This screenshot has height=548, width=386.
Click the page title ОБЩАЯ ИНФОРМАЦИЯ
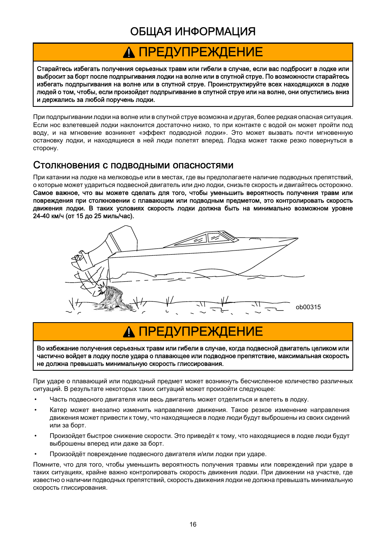[x=193, y=32]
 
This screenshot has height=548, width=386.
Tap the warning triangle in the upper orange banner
[x=129, y=52]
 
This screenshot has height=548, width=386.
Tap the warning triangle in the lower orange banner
[x=129, y=332]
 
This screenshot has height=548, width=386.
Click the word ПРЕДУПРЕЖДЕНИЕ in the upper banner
[x=201, y=52]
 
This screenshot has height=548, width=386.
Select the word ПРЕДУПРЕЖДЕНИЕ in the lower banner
[x=201, y=332]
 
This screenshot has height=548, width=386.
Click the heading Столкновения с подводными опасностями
[x=133, y=165]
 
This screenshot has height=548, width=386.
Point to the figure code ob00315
[x=308, y=307]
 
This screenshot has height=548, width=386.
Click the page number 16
[x=193, y=525]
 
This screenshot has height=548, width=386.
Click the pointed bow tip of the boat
[x=297, y=239]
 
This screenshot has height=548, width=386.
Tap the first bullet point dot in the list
[x=36, y=399]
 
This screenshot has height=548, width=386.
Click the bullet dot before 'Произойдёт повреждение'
[x=36, y=454]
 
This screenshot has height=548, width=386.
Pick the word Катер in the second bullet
[x=58, y=410]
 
